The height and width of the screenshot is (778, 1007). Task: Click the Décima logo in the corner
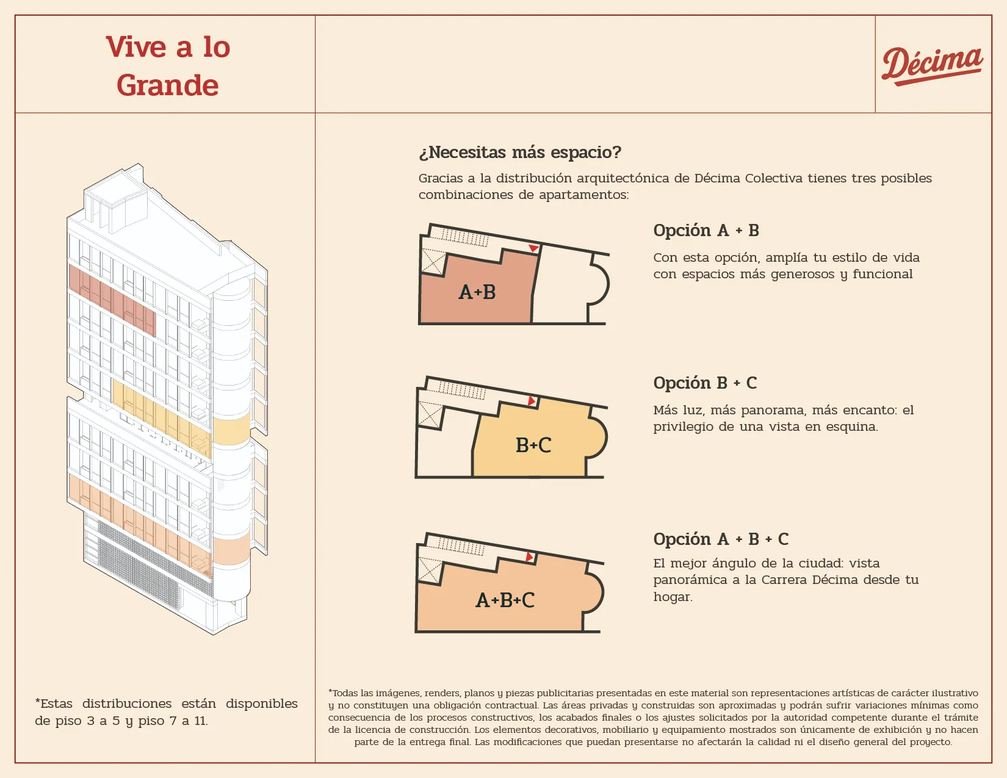(x=931, y=67)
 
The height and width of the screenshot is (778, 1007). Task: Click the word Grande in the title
(x=167, y=85)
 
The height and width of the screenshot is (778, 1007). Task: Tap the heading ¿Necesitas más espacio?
(x=520, y=152)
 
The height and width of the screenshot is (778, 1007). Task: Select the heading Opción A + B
(x=706, y=230)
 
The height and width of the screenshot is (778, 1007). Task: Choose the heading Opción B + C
(x=705, y=383)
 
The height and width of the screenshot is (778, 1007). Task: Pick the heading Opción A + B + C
(x=721, y=539)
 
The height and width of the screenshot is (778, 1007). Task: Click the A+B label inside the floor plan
(x=477, y=292)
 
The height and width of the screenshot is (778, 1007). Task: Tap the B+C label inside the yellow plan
(x=533, y=445)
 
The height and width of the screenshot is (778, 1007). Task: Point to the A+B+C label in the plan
(x=505, y=600)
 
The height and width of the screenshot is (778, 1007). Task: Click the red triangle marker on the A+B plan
(x=534, y=248)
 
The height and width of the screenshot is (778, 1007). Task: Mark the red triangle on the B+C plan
(x=532, y=401)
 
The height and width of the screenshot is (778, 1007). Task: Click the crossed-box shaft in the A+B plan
(x=433, y=261)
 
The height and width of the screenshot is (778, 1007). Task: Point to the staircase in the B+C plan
(x=462, y=390)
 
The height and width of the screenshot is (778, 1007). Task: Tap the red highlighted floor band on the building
(x=112, y=300)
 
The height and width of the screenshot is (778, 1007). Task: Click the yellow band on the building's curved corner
(x=232, y=430)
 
